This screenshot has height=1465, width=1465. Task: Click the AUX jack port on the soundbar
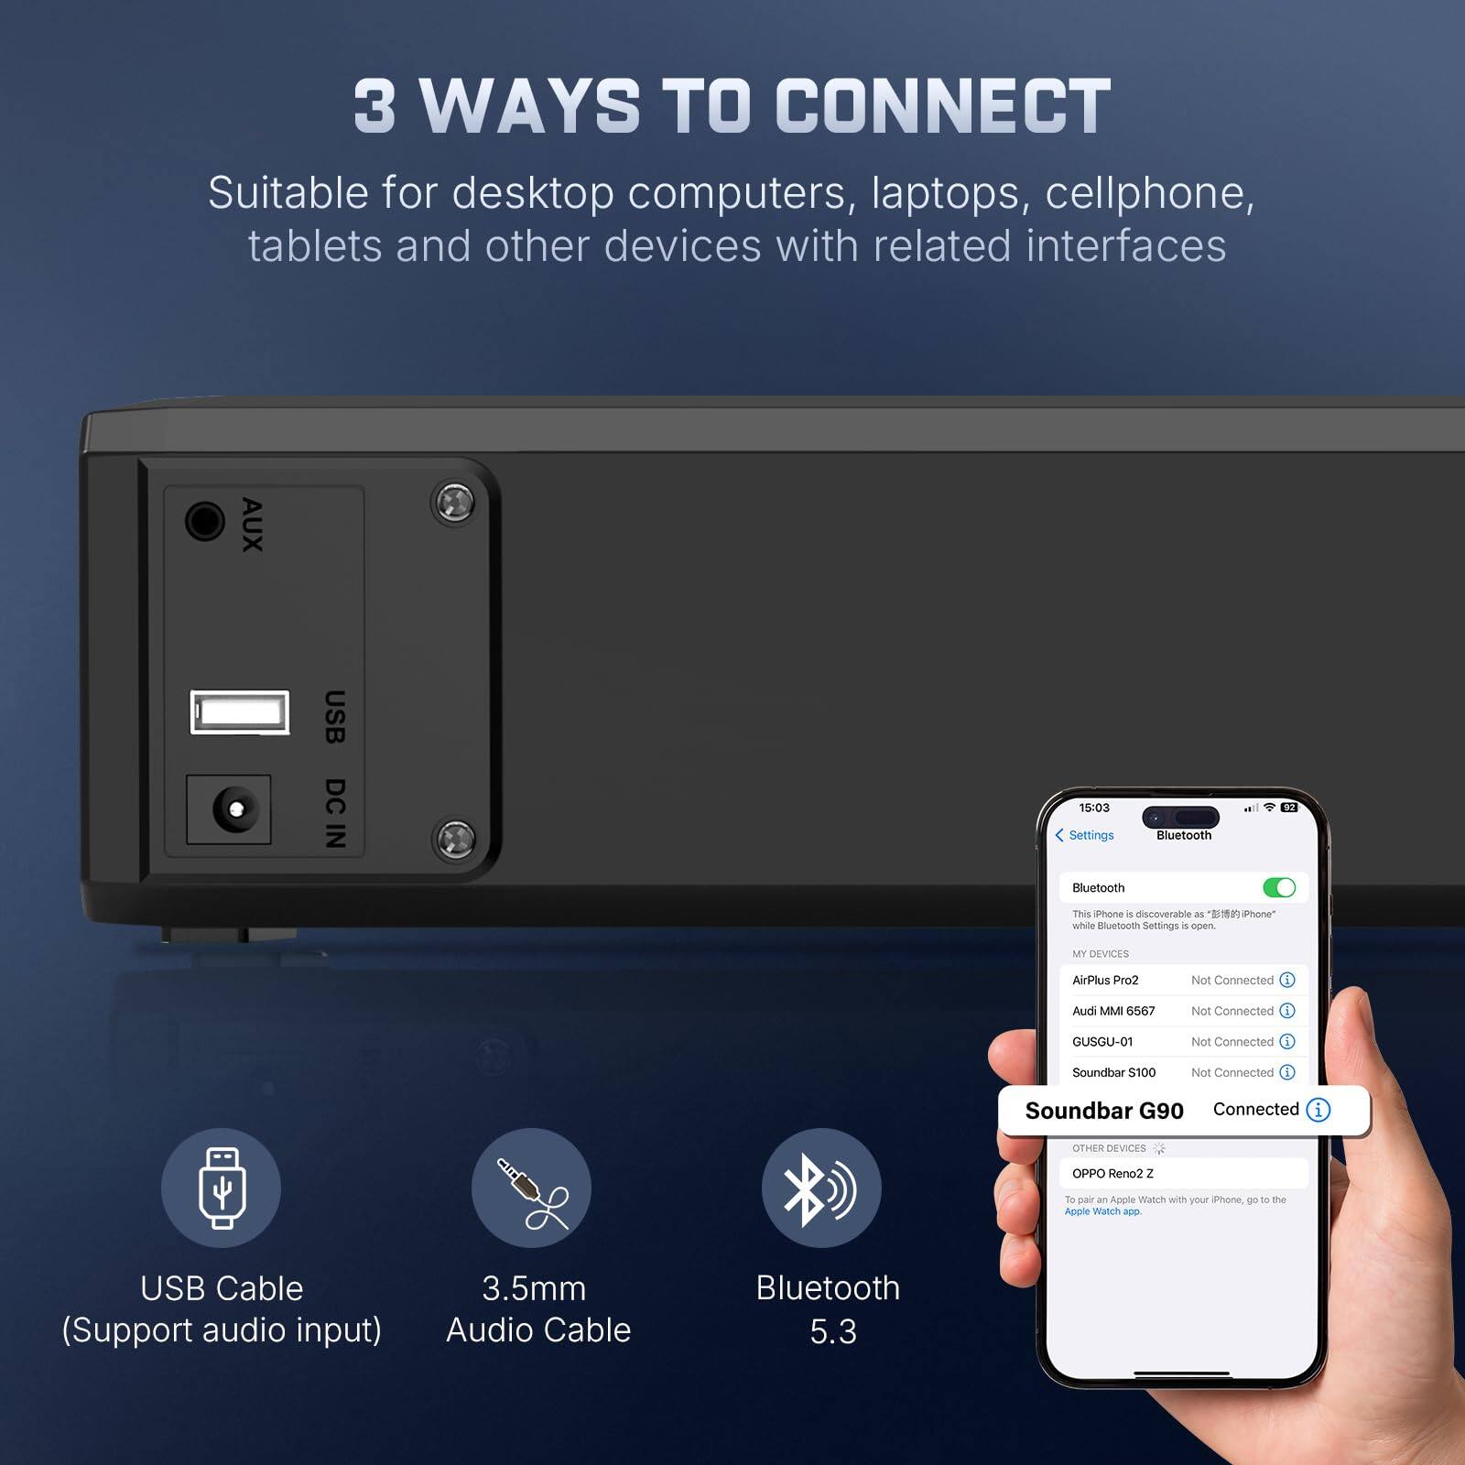(204, 522)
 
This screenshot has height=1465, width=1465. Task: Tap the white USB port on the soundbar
(240, 712)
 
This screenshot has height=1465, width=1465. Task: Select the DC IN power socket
(229, 809)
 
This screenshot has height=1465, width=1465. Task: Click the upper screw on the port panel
(453, 502)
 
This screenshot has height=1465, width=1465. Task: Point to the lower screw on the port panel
(453, 838)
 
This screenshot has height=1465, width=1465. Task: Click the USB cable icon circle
(221, 1188)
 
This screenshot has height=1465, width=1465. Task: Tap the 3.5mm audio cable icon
(531, 1188)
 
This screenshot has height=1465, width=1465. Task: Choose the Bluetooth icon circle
(821, 1188)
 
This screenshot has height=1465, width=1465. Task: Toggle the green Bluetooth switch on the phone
(1278, 887)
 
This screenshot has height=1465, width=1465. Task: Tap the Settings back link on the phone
(1085, 835)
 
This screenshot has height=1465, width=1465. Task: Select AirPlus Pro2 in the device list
(1105, 980)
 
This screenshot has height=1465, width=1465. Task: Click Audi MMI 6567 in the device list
(1113, 1011)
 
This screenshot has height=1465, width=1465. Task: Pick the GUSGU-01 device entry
(1102, 1042)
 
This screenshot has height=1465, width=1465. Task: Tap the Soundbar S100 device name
(1113, 1072)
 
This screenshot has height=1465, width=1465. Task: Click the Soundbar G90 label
(1104, 1111)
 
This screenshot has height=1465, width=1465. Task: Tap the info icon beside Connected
(1318, 1110)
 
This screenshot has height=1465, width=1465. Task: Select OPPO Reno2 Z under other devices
(1112, 1173)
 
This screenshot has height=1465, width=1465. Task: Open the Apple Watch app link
(1102, 1211)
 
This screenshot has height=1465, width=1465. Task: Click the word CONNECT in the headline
(943, 106)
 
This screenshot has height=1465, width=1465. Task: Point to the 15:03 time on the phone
(1094, 808)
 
